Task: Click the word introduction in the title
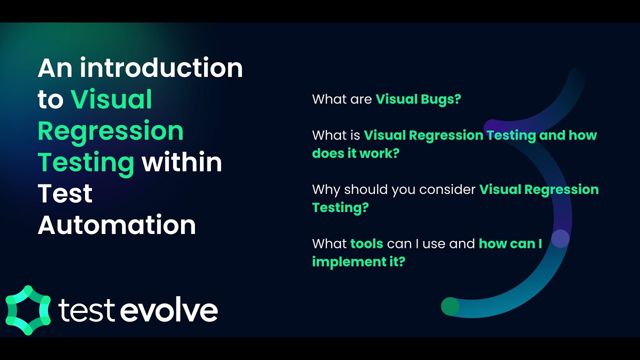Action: tap(161, 68)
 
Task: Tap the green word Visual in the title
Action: tap(111, 99)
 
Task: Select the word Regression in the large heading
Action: tap(110, 131)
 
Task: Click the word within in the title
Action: tap(181, 162)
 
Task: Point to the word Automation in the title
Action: tap(116, 225)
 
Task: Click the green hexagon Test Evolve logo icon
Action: tap(28, 310)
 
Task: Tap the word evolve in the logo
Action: tap(169, 310)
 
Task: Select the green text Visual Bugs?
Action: tap(418, 99)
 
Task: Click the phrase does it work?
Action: tap(355, 153)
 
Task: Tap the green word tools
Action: tap(366, 244)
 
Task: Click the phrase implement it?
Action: tap(358, 261)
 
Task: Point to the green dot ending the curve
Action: tap(450, 306)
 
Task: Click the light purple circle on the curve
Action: tap(560, 238)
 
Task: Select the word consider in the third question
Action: tap(447, 189)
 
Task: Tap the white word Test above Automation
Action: tap(65, 194)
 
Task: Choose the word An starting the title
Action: tap(55, 68)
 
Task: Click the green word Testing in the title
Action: tap(85, 162)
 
